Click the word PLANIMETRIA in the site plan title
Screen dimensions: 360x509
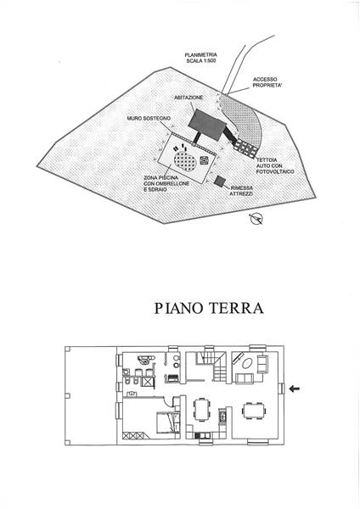click(200, 55)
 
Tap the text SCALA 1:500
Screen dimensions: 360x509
click(201, 61)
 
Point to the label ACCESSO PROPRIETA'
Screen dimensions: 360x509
click(265, 82)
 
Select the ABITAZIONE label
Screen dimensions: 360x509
click(188, 98)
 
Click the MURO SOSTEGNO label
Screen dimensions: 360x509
click(149, 119)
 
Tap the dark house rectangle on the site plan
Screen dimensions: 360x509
click(207, 125)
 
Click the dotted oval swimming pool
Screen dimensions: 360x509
click(185, 160)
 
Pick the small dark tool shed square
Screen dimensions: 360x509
click(220, 181)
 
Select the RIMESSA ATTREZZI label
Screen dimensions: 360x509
click(241, 191)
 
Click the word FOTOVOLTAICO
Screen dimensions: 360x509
click(275, 171)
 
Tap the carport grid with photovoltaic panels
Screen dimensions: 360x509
click(246, 148)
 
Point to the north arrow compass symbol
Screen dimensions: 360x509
click(256, 219)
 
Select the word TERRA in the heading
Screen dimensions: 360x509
click(236, 308)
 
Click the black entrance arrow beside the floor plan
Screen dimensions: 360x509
click(295, 389)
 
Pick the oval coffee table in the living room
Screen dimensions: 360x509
click(248, 362)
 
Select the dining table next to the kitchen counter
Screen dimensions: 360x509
click(202, 410)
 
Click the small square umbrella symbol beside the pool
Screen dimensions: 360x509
click(204, 159)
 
